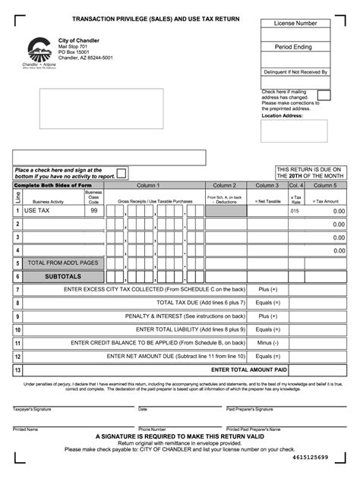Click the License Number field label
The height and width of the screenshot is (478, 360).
click(295, 24)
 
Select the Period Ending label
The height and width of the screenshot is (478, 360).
click(295, 47)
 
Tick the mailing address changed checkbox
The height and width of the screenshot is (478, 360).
click(324, 96)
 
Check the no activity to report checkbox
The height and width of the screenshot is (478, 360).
click(122, 173)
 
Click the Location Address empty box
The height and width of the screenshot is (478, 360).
click(295, 131)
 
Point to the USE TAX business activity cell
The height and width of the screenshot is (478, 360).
click(52, 211)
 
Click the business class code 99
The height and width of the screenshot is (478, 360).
click(93, 211)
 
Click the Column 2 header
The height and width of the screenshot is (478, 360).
click(224, 185)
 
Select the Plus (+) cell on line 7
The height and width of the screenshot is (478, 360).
click(268, 289)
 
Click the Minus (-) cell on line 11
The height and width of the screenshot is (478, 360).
click(268, 342)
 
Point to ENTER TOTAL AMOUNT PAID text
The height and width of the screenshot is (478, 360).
click(249, 370)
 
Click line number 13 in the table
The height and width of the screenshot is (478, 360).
click(17, 370)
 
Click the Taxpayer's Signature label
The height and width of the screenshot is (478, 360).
click(32, 409)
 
